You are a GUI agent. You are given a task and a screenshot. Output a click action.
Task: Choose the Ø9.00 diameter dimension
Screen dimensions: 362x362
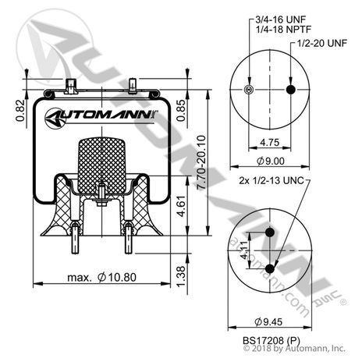[x=269, y=162]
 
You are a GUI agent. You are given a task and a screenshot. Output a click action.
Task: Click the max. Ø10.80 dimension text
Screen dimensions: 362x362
[x=98, y=275]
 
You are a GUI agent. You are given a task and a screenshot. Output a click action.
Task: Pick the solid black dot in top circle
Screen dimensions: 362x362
[x=291, y=90]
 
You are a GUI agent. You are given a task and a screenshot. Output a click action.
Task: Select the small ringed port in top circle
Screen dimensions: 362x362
[x=248, y=90]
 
